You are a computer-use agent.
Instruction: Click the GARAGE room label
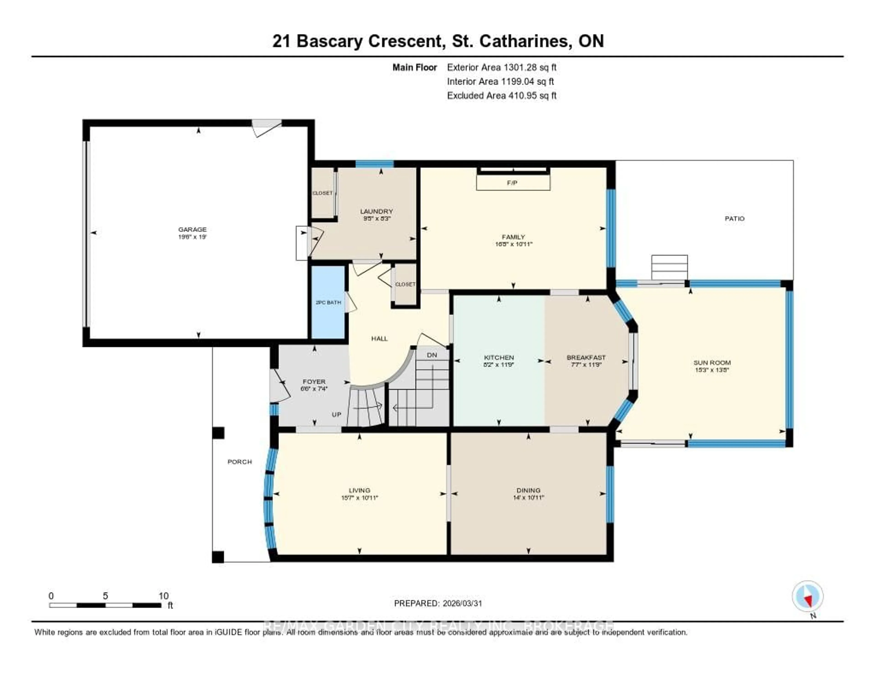click(x=192, y=229)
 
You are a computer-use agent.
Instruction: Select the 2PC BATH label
click(x=328, y=302)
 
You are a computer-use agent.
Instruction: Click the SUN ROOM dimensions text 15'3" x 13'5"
click(x=712, y=370)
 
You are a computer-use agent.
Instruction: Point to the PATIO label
click(x=734, y=218)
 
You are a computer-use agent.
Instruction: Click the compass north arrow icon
click(x=808, y=596)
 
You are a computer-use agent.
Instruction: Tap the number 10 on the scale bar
click(x=163, y=596)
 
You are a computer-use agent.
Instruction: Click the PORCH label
click(x=239, y=462)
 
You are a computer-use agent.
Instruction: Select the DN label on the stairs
click(x=432, y=355)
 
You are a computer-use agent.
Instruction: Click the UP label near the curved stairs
click(x=337, y=414)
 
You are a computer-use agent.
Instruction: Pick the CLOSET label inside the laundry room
click(x=322, y=193)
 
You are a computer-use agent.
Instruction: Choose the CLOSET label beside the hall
click(x=405, y=284)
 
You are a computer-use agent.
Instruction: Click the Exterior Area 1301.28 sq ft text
click(x=502, y=67)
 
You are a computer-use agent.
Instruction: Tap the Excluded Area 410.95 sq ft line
click(x=502, y=95)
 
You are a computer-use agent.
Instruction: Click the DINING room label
click(x=528, y=490)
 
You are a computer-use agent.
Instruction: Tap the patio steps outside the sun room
click(x=669, y=267)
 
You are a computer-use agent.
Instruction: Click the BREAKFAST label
click(x=586, y=357)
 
